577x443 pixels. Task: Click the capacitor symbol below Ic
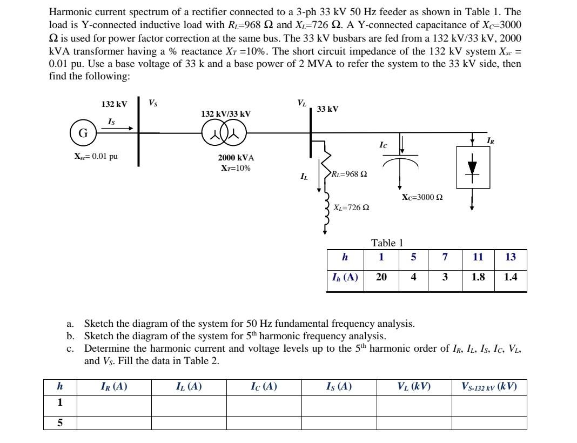(400, 160)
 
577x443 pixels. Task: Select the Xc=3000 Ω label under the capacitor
(422, 197)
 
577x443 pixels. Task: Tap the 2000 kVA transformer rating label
(236, 158)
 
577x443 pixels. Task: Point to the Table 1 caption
(387, 243)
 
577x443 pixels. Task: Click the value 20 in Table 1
(381, 277)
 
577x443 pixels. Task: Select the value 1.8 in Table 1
(478, 277)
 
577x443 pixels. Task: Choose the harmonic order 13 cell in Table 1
(511, 257)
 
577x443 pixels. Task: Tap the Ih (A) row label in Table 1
(345, 277)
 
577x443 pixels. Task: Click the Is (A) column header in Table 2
(339, 386)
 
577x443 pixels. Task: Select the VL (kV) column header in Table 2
(414, 386)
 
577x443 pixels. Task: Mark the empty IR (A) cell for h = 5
(114, 422)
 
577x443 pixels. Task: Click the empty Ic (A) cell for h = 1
(264, 403)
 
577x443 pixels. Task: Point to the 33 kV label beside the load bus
(327, 109)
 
